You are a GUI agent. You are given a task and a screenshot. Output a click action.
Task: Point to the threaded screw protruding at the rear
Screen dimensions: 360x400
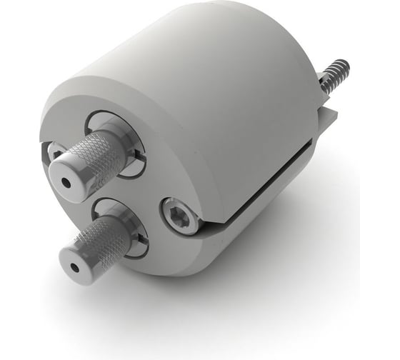tap(334, 79)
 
